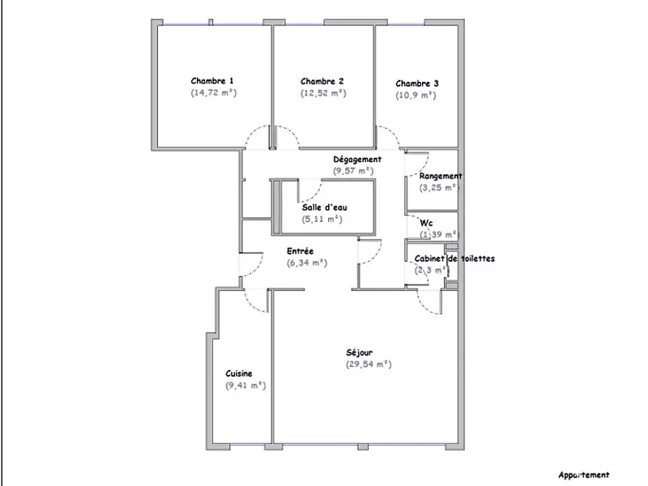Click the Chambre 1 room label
(212, 81)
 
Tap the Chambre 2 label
(322, 81)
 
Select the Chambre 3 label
(417, 83)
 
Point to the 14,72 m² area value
(213, 93)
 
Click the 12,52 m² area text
(323, 93)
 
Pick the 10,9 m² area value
(416, 96)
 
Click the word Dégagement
(357, 160)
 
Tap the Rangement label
(441, 176)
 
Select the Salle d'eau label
(322, 207)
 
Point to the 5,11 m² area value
(322, 219)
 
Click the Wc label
(425, 223)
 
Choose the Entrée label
(300, 251)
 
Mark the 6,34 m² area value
(306, 262)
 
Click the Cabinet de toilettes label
(454, 259)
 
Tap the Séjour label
(359, 352)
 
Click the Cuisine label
(239, 373)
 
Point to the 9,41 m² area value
(246, 386)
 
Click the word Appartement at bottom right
(583, 475)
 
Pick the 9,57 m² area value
(353, 171)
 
